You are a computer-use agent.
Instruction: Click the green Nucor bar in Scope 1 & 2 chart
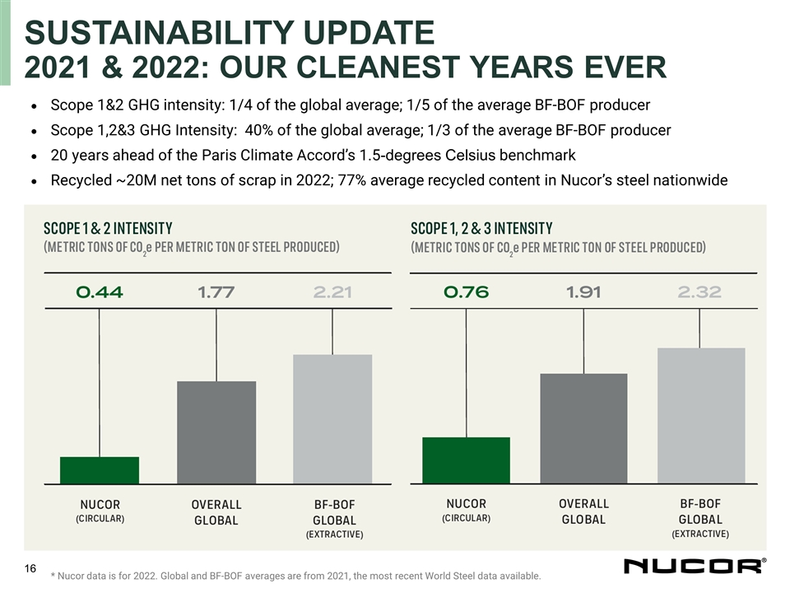point(100,469)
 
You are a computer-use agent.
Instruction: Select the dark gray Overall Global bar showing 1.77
point(216,432)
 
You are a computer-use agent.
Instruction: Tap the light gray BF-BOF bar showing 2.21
point(332,418)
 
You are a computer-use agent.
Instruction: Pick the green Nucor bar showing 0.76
point(466,460)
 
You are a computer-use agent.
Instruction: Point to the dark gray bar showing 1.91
point(583,428)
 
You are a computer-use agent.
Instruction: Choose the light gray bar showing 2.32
point(700,415)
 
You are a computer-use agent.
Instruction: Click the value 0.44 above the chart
point(99,292)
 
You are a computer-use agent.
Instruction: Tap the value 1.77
point(216,292)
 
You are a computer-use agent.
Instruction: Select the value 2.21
point(333,292)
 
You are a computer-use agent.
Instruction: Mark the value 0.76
point(466,292)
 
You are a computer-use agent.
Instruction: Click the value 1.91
point(583,292)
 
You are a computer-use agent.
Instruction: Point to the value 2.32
point(700,292)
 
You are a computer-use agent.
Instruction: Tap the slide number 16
point(31,568)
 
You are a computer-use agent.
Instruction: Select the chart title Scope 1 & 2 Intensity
point(108,227)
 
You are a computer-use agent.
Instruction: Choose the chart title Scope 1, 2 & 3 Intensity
point(481,227)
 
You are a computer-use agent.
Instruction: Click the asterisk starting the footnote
point(53,576)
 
